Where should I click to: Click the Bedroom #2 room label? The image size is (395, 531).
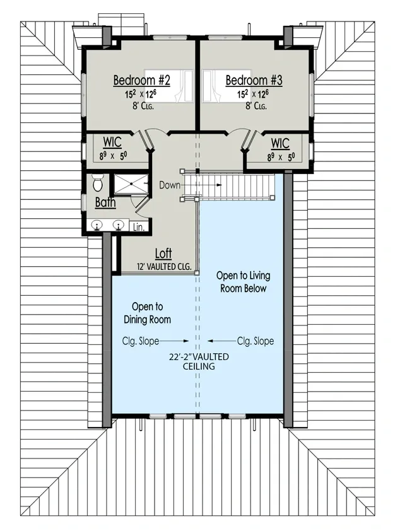point(143,81)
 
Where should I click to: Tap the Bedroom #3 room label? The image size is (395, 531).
point(254,81)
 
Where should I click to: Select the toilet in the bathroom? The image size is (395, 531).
point(98,183)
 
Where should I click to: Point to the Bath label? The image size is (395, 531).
point(105,202)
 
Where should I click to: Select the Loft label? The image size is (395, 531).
point(164,254)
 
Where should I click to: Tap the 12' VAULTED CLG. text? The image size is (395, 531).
point(164,267)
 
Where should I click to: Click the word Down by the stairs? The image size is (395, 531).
point(170,185)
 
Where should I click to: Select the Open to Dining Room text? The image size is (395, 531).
point(147,313)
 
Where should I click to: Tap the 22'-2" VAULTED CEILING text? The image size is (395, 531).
point(199,361)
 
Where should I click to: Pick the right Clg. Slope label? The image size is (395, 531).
point(256,341)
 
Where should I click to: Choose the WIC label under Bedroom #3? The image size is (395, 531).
point(280,142)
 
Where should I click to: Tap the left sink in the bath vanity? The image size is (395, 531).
point(98,225)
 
